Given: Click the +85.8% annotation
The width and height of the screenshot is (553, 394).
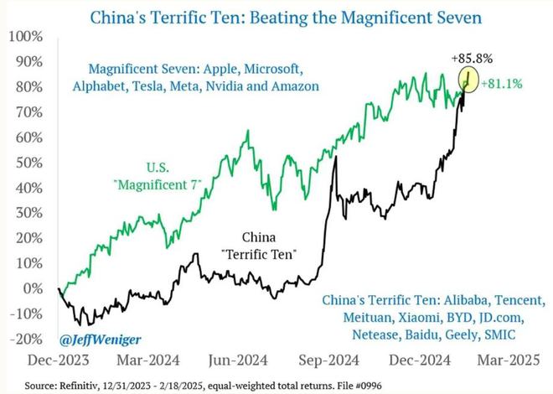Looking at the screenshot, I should tap(473, 59).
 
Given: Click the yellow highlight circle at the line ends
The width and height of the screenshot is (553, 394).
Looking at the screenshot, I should tap(468, 80).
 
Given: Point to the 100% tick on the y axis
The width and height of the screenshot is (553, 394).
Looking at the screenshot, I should tap(27, 38).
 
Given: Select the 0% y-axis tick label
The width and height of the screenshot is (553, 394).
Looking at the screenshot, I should tap(34, 288).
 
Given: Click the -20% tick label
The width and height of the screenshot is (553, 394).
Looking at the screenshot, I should tap(28, 338).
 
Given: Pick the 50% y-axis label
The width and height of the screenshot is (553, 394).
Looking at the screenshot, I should tap(31, 163).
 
